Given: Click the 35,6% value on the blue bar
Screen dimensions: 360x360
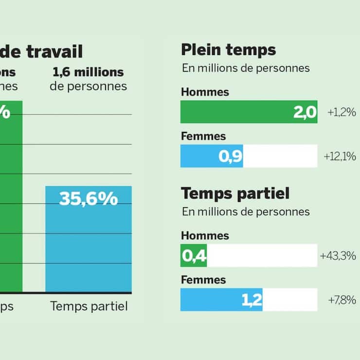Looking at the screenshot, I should click(x=89, y=198).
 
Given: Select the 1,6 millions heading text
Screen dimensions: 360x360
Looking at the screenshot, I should click(x=88, y=72).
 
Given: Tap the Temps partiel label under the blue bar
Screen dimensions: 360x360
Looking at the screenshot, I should click(x=89, y=306).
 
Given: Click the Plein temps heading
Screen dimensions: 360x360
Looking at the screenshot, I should click(x=228, y=50).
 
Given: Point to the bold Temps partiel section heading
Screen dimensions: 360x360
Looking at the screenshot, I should click(x=235, y=193).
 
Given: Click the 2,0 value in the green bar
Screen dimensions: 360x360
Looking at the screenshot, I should click(x=305, y=112).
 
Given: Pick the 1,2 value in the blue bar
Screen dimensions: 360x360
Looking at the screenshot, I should click(x=252, y=300).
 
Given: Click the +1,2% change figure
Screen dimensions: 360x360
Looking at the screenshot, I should click(x=342, y=112).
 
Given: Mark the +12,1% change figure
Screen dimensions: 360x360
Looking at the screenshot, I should click(x=340, y=157).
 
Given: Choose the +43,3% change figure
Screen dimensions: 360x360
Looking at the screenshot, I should click(x=338, y=255).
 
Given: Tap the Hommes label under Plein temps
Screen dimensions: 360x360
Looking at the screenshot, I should click(x=205, y=92).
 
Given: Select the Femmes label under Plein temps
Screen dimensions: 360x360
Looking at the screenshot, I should click(x=203, y=136).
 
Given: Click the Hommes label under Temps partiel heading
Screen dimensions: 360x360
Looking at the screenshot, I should click(x=205, y=235).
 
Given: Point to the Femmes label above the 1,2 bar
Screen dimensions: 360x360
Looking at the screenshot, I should click(x=203, y=280).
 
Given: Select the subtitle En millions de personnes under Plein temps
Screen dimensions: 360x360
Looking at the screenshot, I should click(x=246, y=68).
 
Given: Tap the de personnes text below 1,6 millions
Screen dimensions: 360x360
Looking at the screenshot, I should click(x=88, y=87).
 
